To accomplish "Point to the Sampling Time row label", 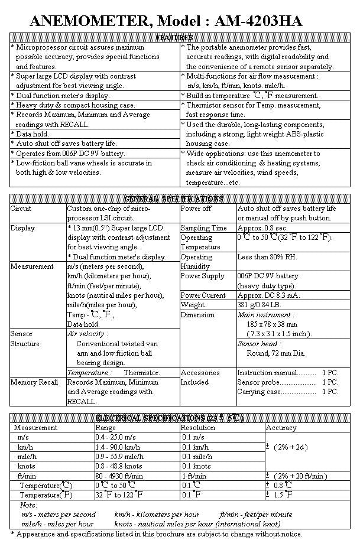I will coord(203,228).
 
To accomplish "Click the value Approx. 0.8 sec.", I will coord(262,228).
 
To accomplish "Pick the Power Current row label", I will coord(203,295).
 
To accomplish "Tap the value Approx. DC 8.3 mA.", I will coord(268,295).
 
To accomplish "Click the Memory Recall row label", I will coord(34,382).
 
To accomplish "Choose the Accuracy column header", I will coord(281,427).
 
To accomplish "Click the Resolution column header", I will coord(198,427).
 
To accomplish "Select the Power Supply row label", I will coord(202,276).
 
